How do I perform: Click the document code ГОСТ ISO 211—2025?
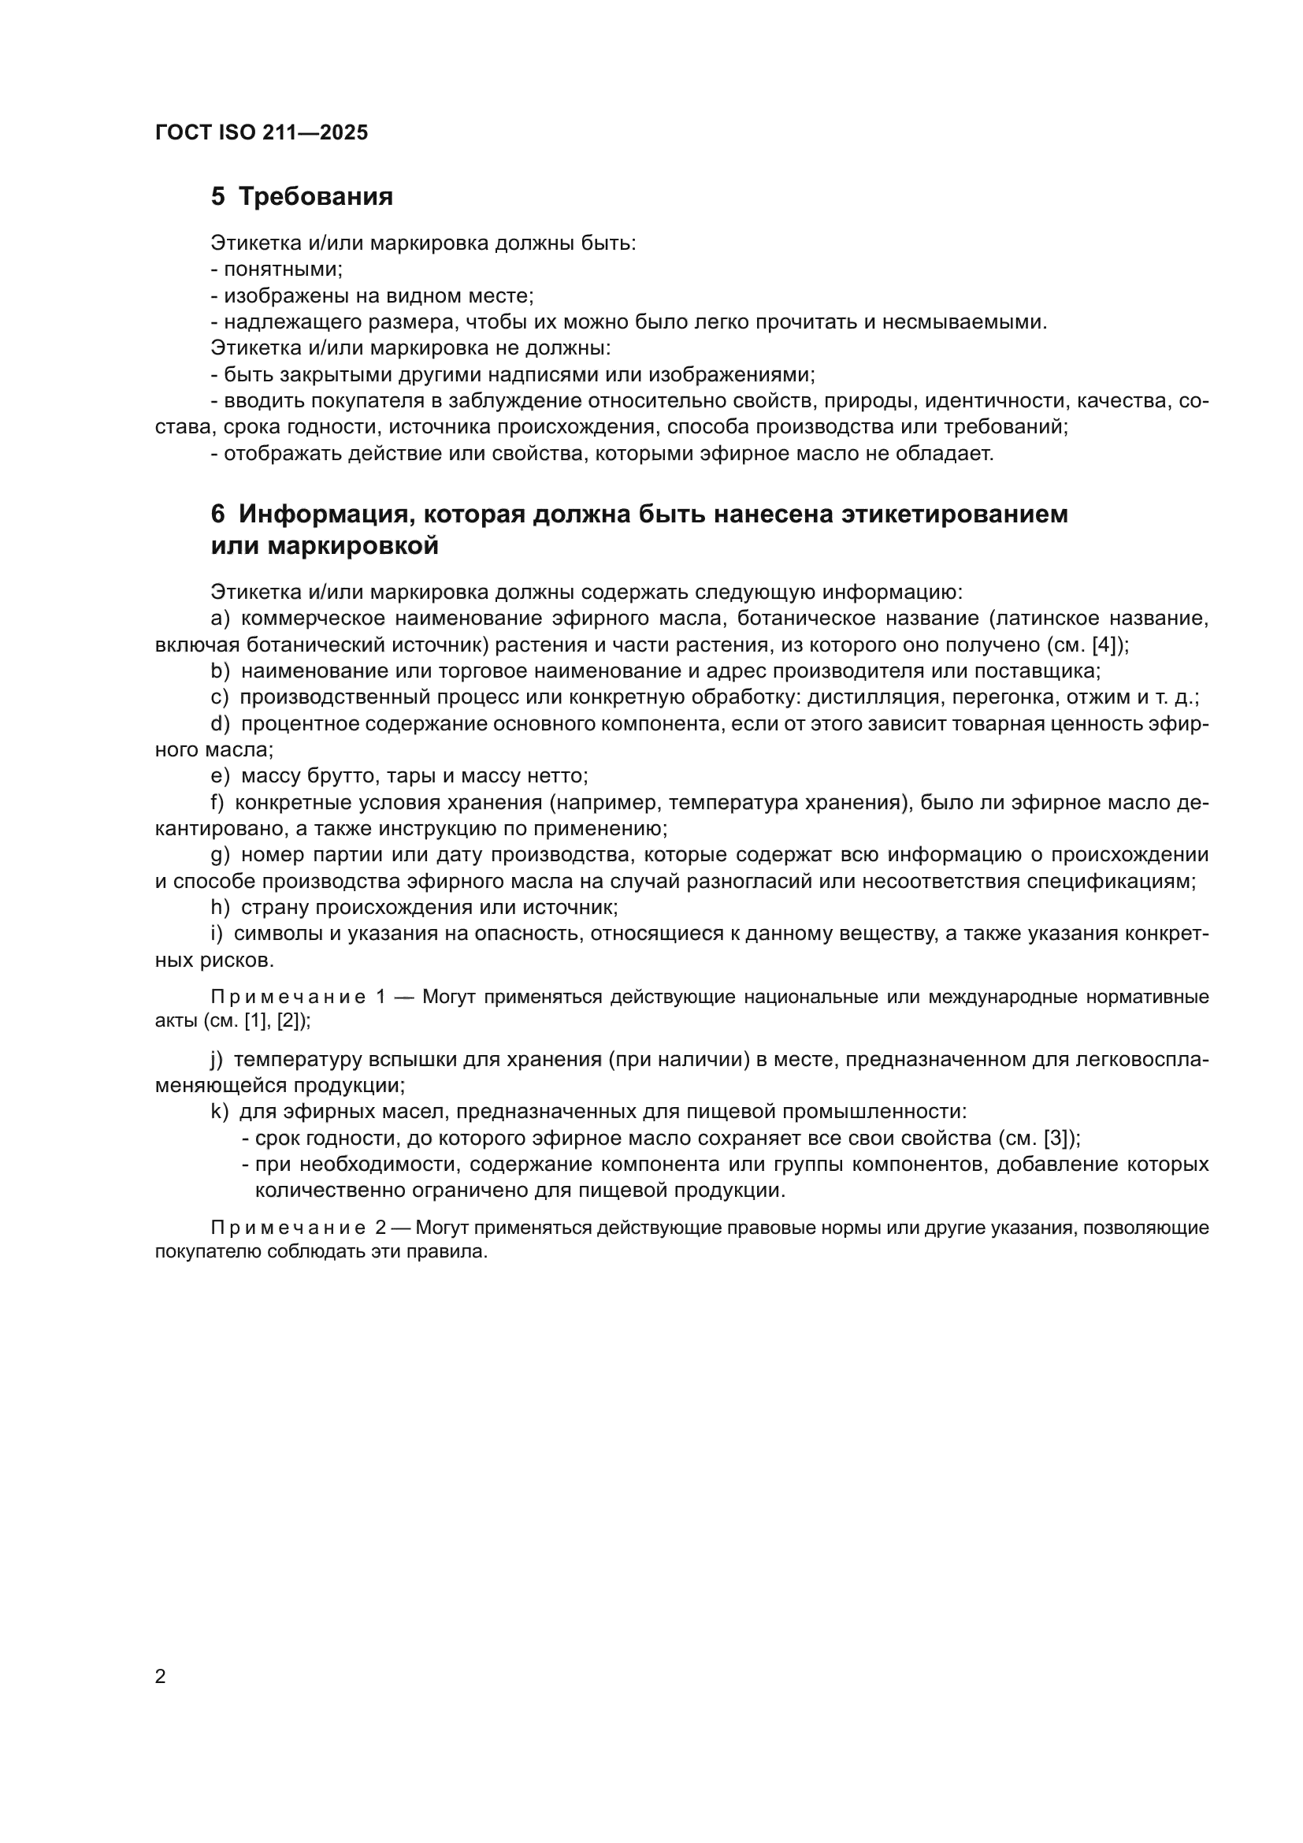[x=262, y=133]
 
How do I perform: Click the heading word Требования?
[x=315, y=197]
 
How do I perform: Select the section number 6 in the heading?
[x=217, y=514]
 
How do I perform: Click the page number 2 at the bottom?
[x=161, y=1677]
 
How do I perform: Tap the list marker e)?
[x=219, y=776]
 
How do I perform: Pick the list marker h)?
[x=219, y=908]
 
